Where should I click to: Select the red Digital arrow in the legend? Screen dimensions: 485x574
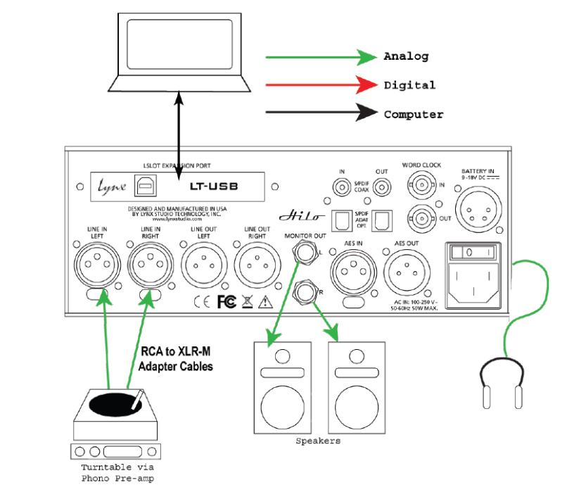(321, 85)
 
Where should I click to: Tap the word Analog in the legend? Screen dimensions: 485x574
(405, 56)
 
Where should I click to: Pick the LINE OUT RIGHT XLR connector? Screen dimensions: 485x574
(256, 266)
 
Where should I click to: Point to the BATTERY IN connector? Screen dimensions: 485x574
(478, 206)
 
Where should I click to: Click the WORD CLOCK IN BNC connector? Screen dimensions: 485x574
(423, 184)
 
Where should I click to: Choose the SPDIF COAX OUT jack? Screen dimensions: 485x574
(383, 187)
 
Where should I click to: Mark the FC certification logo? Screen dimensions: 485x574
(227, 301)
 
